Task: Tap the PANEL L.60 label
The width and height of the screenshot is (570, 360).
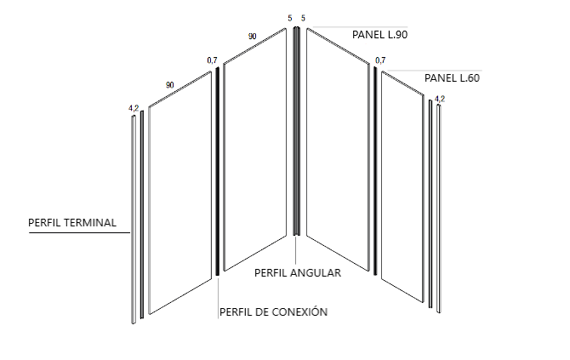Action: point(452,78)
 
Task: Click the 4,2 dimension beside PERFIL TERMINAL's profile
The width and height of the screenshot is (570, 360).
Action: point(133,108)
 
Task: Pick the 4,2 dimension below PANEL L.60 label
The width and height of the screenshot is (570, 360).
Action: point(440,99)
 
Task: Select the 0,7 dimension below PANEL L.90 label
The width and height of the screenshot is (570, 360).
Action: point(379,60)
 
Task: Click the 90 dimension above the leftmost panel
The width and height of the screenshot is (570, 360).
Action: point(170,85)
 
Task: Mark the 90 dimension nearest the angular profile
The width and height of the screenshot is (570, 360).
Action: point(253,37)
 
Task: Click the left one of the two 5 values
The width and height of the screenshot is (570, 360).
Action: point(290,18)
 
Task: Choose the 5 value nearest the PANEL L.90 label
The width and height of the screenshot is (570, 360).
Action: point(304,18)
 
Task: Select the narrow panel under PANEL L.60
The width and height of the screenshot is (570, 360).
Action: point(402,187)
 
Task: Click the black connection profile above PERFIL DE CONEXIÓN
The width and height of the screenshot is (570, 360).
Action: point(217,170)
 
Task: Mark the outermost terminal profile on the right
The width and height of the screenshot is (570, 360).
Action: point(439,209)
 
